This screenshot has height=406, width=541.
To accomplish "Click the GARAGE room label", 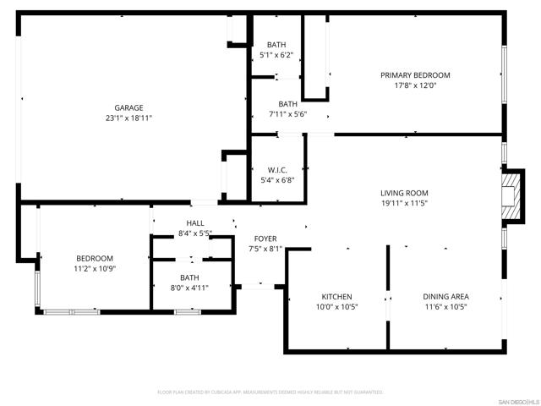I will tap(129, 107).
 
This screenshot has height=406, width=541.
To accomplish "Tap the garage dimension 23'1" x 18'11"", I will tap(129, 118).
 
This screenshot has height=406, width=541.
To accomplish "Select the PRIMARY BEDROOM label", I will tap(415, 75).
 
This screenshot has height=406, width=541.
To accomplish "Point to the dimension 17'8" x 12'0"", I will tap(415, 85).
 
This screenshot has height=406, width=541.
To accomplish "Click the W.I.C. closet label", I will tap(276, 169).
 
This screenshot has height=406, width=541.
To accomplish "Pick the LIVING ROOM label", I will tap(404, 193).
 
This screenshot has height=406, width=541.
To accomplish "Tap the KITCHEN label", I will tap(336, 297).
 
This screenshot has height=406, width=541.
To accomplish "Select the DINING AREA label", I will tap(445, 297).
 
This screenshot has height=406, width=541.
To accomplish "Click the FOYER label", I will tap(265, 239).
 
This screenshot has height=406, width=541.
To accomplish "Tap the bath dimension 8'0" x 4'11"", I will tap(189, 288).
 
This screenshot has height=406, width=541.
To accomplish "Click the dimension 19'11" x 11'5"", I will tap(404, 203).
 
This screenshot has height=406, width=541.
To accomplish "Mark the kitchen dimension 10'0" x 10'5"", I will tap(336, 307).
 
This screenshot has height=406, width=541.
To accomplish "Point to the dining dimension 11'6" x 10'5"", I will tap(445, 307).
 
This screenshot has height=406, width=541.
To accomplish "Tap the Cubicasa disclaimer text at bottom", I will tap(270, 392).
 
